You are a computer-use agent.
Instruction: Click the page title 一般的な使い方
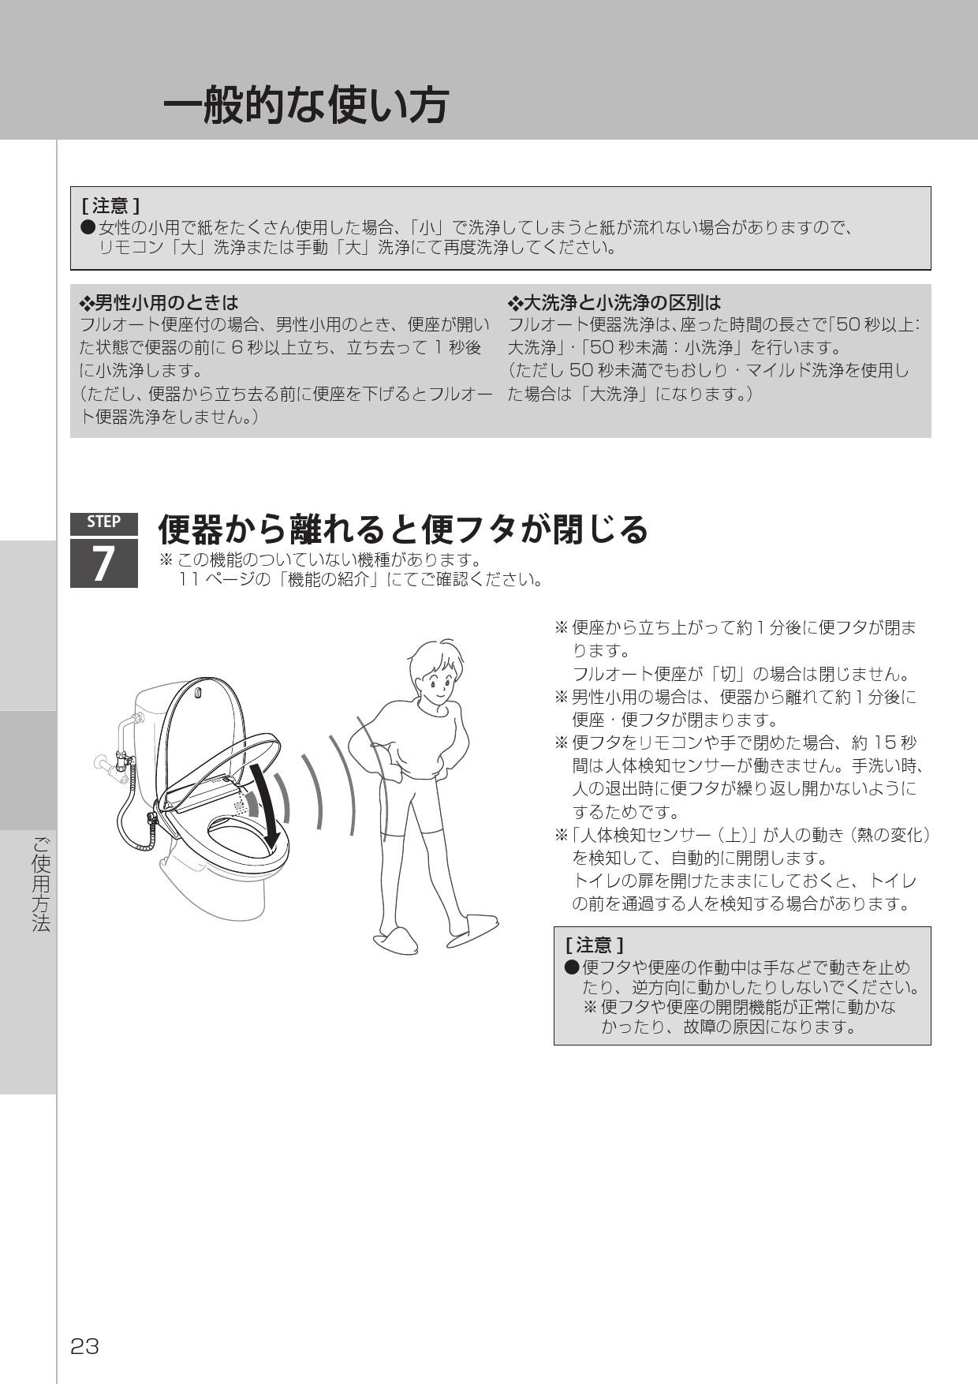[x=305, y=105]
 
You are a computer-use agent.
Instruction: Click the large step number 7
[x=103, y=564]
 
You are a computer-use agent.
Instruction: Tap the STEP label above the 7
[x=103, y=522]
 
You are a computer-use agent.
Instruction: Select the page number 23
[x=84, y=1346]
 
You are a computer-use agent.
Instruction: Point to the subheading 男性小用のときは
[x=159, y=303]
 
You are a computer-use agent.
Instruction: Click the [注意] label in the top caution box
[x=110, y=207]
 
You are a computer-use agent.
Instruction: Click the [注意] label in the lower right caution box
[x=594, y=944]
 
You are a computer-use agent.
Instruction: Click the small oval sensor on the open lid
[x=198, y=694]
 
